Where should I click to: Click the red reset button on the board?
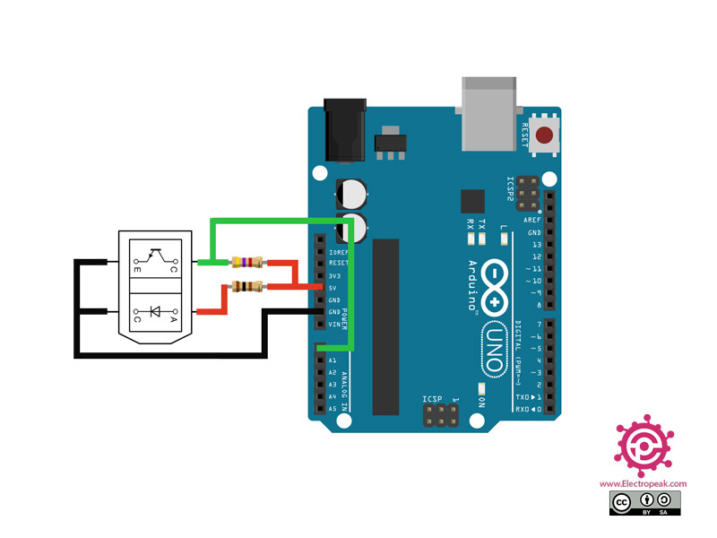click(x=544, y=137)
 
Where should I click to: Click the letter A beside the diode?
click(x=174, y=319)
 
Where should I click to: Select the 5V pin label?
click(x=333, y=288)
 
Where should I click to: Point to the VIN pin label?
click(x=333, y=324)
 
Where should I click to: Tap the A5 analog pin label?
click(x=333, y=408)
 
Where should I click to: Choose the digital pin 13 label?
click(x=535, y=244)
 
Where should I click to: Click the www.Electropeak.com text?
click(x=650, y=483)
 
